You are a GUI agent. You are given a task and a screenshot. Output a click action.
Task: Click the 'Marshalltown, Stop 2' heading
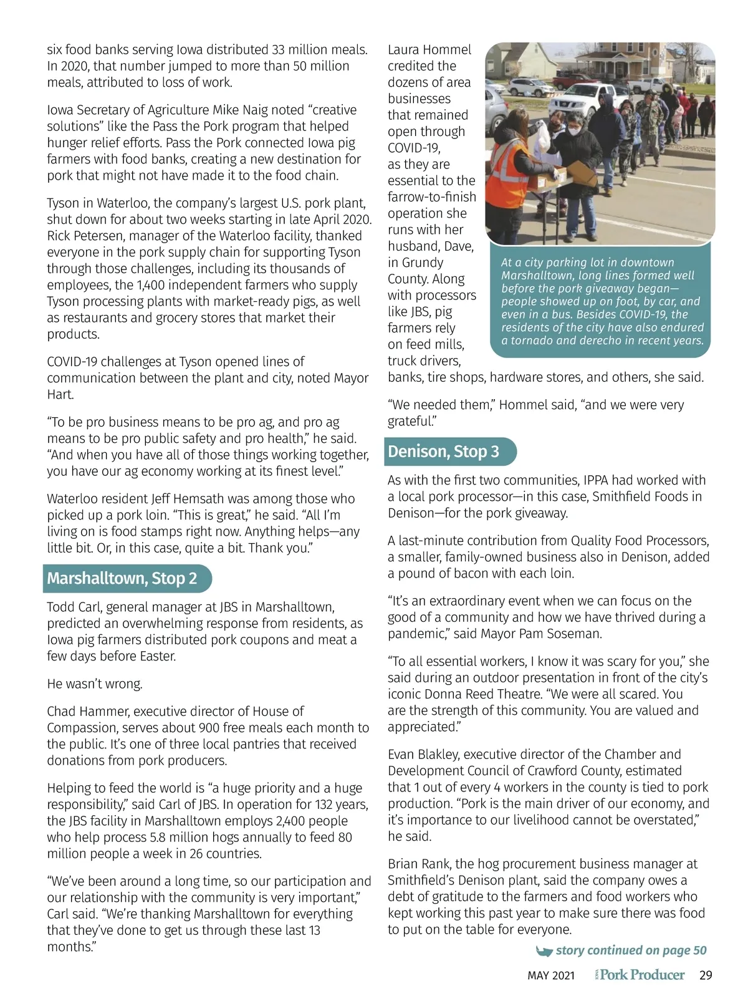coord(122,579)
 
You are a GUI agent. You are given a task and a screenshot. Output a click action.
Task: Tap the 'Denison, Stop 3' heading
coord(443,452)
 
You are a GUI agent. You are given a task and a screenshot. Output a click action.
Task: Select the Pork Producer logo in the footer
coord(640,975)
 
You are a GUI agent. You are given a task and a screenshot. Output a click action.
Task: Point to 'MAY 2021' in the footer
coord(551,975)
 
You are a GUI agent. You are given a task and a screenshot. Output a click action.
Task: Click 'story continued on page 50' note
coord(631,950)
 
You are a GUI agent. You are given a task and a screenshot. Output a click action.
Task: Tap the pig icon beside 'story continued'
coord(544,951)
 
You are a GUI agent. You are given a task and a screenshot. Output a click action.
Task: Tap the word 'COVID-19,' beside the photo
coord(414,148)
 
